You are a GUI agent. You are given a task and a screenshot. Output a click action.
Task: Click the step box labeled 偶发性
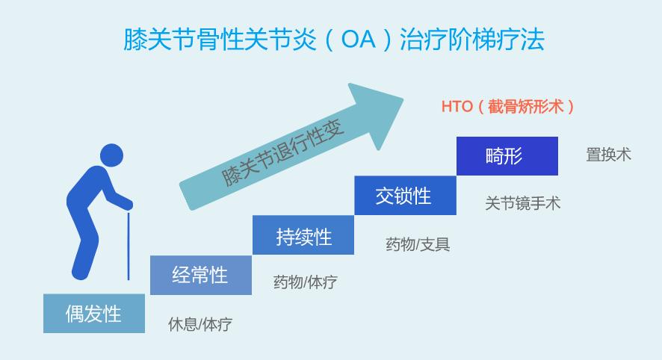(x=94, y=314)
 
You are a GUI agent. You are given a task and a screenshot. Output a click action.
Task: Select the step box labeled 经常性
(x=201, y=275)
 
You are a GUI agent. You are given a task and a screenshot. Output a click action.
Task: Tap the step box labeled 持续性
(x=303, y=235)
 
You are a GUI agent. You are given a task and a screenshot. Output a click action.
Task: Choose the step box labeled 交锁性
(x=405, y=196)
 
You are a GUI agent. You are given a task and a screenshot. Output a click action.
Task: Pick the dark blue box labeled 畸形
(x=507, y=156)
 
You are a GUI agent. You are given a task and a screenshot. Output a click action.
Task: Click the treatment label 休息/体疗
(x=200, y=324)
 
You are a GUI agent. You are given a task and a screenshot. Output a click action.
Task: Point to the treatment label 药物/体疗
(x=306, y=282)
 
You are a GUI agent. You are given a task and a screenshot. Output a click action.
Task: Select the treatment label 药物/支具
(x=418, y=244)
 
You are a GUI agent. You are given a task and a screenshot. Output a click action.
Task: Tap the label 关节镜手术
(x=523, y=203)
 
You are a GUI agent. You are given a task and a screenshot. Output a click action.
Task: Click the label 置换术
(x=608, y=155)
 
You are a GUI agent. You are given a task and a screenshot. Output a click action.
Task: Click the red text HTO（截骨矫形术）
(x=507, y=106)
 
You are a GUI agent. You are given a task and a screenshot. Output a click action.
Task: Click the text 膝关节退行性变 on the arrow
(x=283, y=154)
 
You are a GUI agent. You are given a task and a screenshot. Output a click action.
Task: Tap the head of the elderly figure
(x=112, y=155)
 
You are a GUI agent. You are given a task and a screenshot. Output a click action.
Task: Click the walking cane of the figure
(x=129, y=246)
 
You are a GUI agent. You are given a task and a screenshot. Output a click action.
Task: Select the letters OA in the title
(x=359, y=40)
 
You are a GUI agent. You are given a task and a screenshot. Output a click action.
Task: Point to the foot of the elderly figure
(x=81, y=273)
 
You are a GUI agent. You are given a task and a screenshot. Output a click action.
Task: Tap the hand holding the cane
(x=127, y=205)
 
